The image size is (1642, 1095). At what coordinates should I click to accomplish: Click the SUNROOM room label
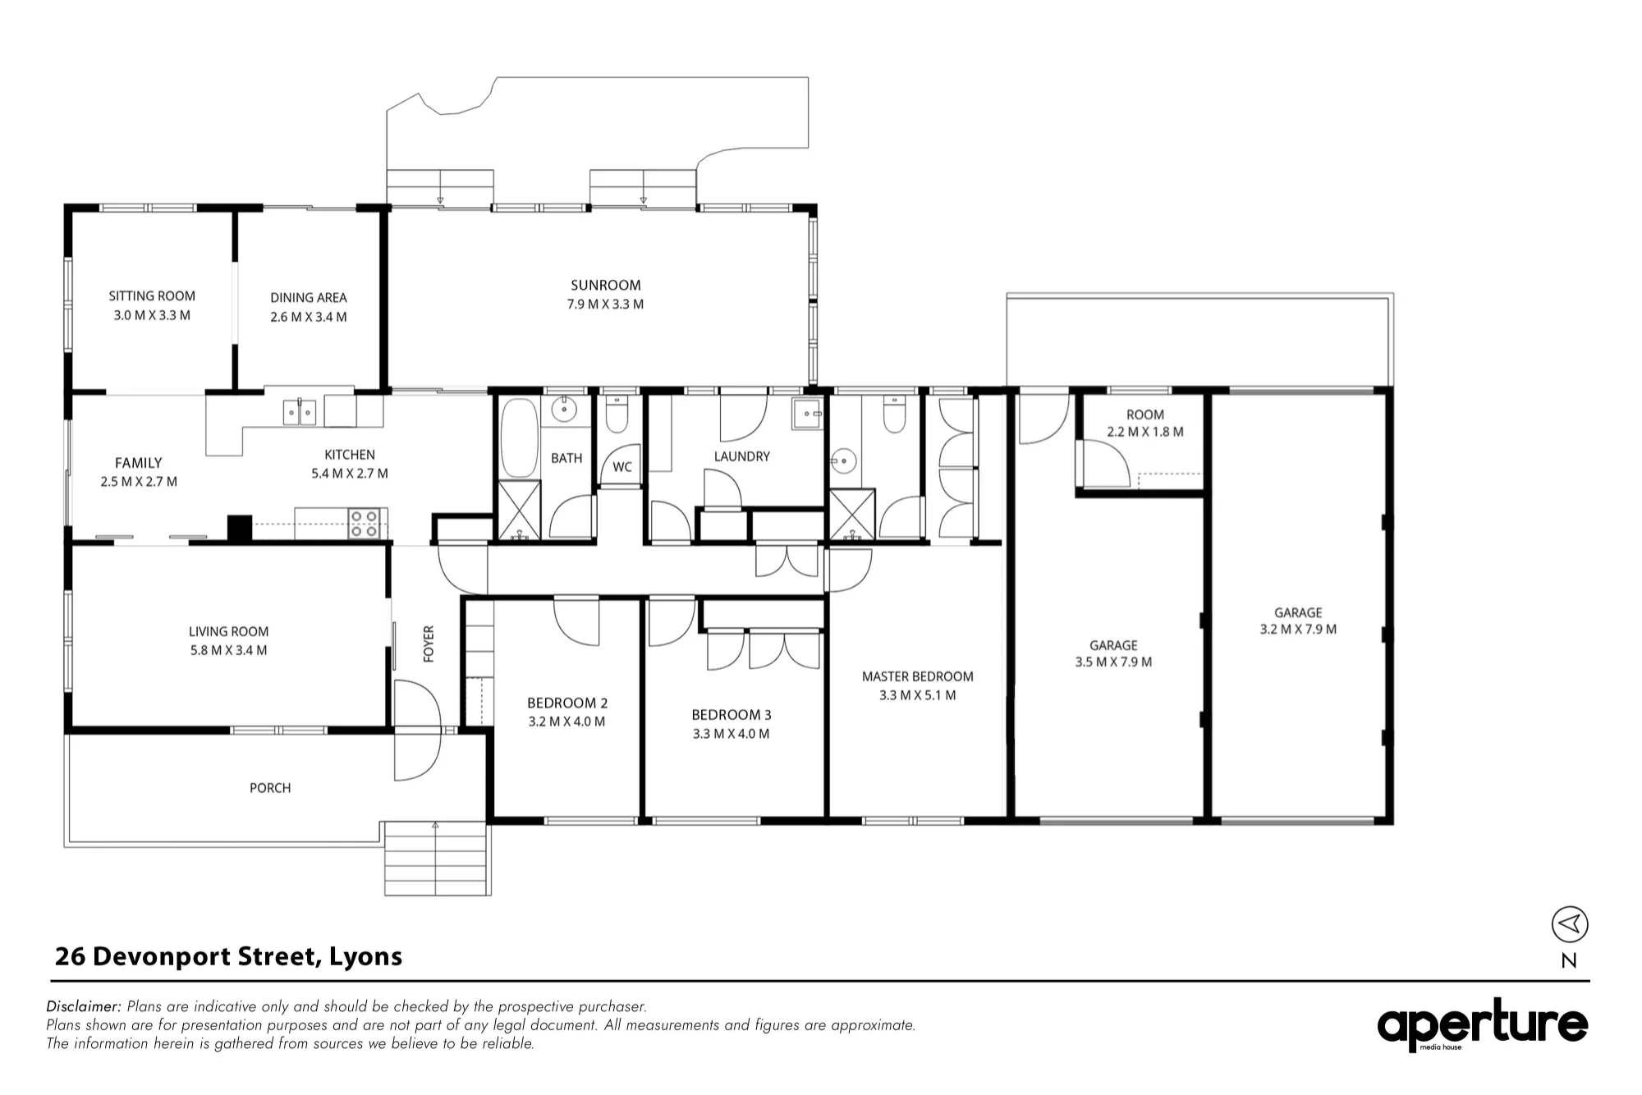[606, 286]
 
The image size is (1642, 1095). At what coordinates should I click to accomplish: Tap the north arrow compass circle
[1570, 924]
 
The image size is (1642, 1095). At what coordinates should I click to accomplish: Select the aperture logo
[1482, 1024]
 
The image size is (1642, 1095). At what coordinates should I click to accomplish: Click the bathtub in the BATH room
[519, 438]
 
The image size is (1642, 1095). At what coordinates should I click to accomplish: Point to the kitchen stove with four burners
[365, 523]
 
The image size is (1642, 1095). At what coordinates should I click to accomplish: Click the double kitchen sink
[300, 412]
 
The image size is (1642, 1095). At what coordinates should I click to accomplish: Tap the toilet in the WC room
[617, 415]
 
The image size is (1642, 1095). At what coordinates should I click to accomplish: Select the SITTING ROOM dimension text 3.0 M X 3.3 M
[152, 315]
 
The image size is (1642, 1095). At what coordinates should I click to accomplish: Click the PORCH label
[270, 788]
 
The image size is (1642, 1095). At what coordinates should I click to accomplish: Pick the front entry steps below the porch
[438, 858]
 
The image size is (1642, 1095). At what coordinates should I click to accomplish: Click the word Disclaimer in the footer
[84, 1006]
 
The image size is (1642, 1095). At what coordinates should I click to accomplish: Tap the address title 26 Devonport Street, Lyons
[228, 956]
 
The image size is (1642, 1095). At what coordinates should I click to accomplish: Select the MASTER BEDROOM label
[917, 676]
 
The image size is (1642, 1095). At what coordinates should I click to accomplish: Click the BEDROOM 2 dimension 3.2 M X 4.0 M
[566, 722]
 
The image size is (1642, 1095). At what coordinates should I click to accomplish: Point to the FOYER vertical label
[429, 644]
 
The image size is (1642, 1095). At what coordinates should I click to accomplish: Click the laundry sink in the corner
[807, 414]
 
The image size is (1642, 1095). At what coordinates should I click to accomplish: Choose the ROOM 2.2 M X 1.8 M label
[1145, 424]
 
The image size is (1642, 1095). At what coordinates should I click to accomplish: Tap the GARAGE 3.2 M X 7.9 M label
[1298, 621]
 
